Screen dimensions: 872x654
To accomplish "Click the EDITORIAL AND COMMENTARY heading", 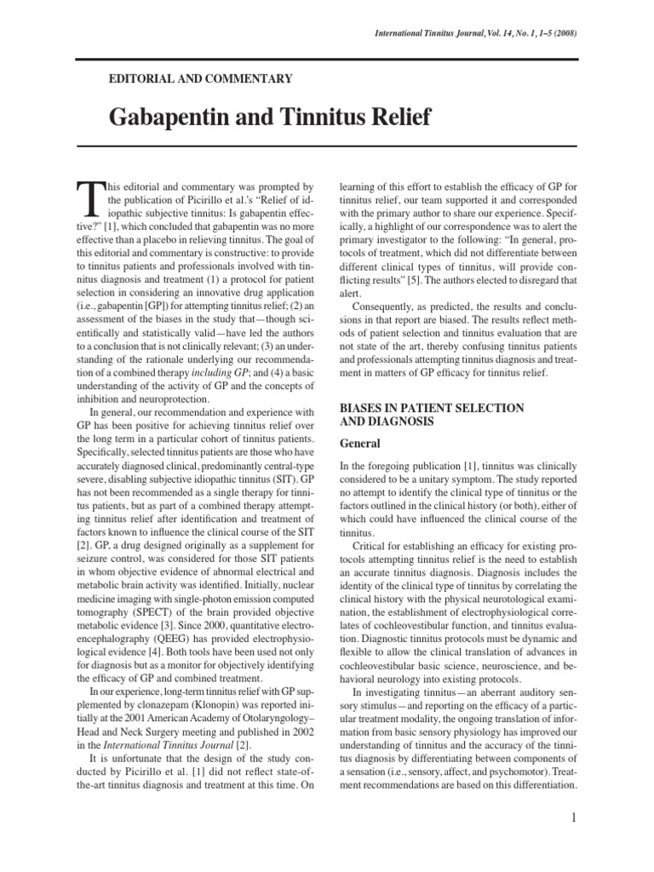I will pos(201,78).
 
